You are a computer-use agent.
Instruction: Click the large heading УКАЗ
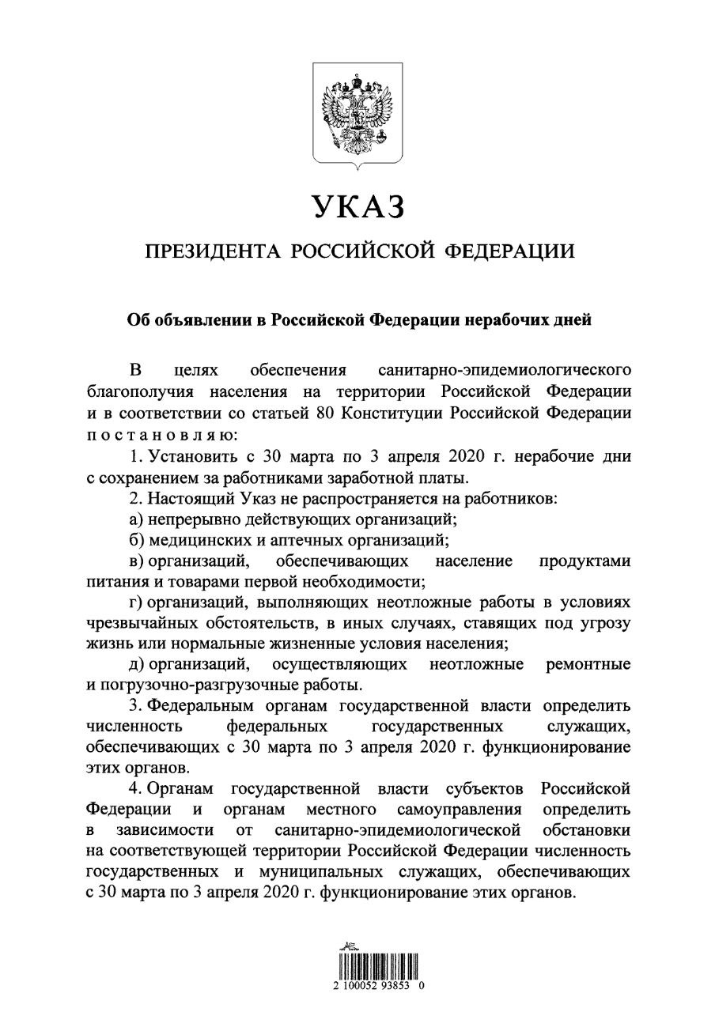pyautogui.click(x=357, y=206)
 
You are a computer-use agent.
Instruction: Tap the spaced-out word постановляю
pyautogui.click(x=158, y=434)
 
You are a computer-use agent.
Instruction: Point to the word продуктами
pyautogui.click(x=584, y=562)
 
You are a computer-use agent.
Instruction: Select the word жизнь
pyautogui.click(x=106, y=643)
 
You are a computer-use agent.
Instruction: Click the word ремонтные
pyautogui.click(x=588, y=663)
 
